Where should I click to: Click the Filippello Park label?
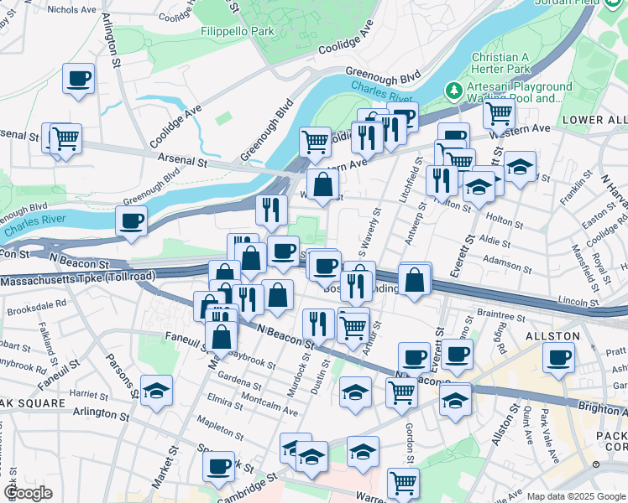[x=238, y=31]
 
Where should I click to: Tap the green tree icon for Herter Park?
[x=454, y=89]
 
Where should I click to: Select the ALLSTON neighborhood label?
[x=552, y=335]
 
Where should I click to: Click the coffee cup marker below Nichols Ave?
[x=78, y=79]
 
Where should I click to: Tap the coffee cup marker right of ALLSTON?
[x=557, y=358]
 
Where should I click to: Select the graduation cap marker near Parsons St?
[x=156, y=391]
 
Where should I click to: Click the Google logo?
[x=28, y=493]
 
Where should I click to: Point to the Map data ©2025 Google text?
[x=576, y=496]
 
